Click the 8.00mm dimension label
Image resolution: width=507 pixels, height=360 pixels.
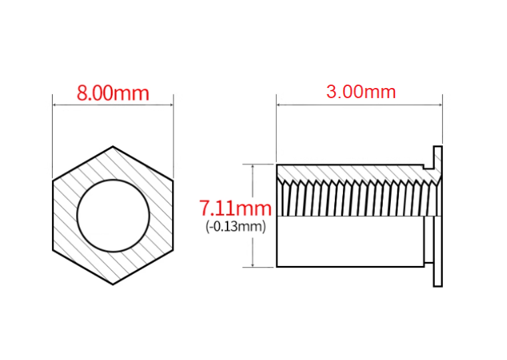tap(113, 93)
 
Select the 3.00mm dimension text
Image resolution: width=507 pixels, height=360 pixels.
tap(361, 92)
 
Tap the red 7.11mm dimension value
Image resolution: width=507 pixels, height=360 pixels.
tap(235, 208)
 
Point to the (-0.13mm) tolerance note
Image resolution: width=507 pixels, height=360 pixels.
tap(235, 226)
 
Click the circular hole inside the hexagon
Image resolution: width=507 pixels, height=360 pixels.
tap(113, 215)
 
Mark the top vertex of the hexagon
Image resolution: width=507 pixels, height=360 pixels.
tap(113, 147)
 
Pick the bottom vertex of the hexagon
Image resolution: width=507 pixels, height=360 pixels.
tap(113, 285)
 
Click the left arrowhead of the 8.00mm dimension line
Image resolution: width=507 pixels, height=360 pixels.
tap(55, 105)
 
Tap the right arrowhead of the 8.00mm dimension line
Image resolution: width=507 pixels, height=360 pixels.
tap(171, 105)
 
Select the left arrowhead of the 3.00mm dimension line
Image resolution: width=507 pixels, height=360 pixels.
tap(279, 105)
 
